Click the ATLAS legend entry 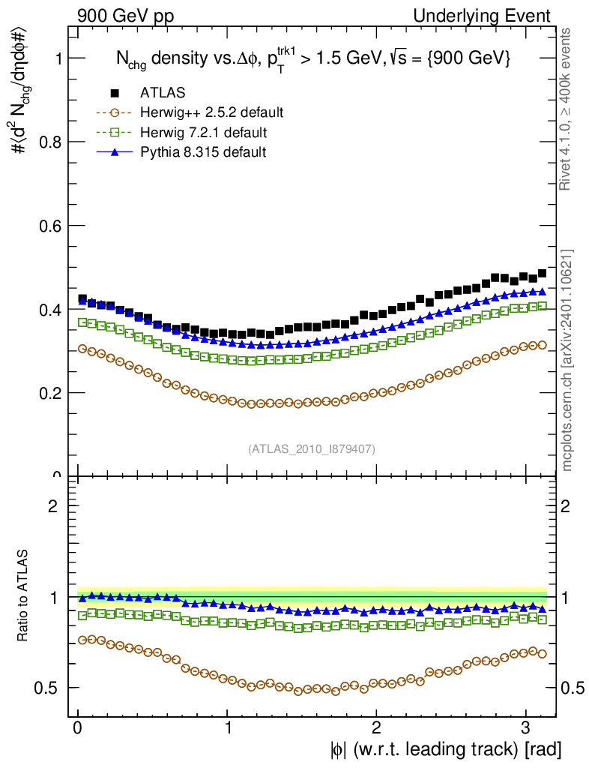pos(163,93)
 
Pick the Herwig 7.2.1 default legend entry pos(203,133)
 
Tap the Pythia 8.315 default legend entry pos(203,152)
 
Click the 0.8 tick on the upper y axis pos(52,142)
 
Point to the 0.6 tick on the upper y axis pos(52,226)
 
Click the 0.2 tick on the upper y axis pos(52,393)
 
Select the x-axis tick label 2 pos(376,728)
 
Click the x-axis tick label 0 pos(78,728)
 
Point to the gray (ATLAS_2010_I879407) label pos(312,448)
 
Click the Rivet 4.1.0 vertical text pos(567,109)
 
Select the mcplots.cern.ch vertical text pos(567,360)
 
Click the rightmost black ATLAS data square pos(541,273)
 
